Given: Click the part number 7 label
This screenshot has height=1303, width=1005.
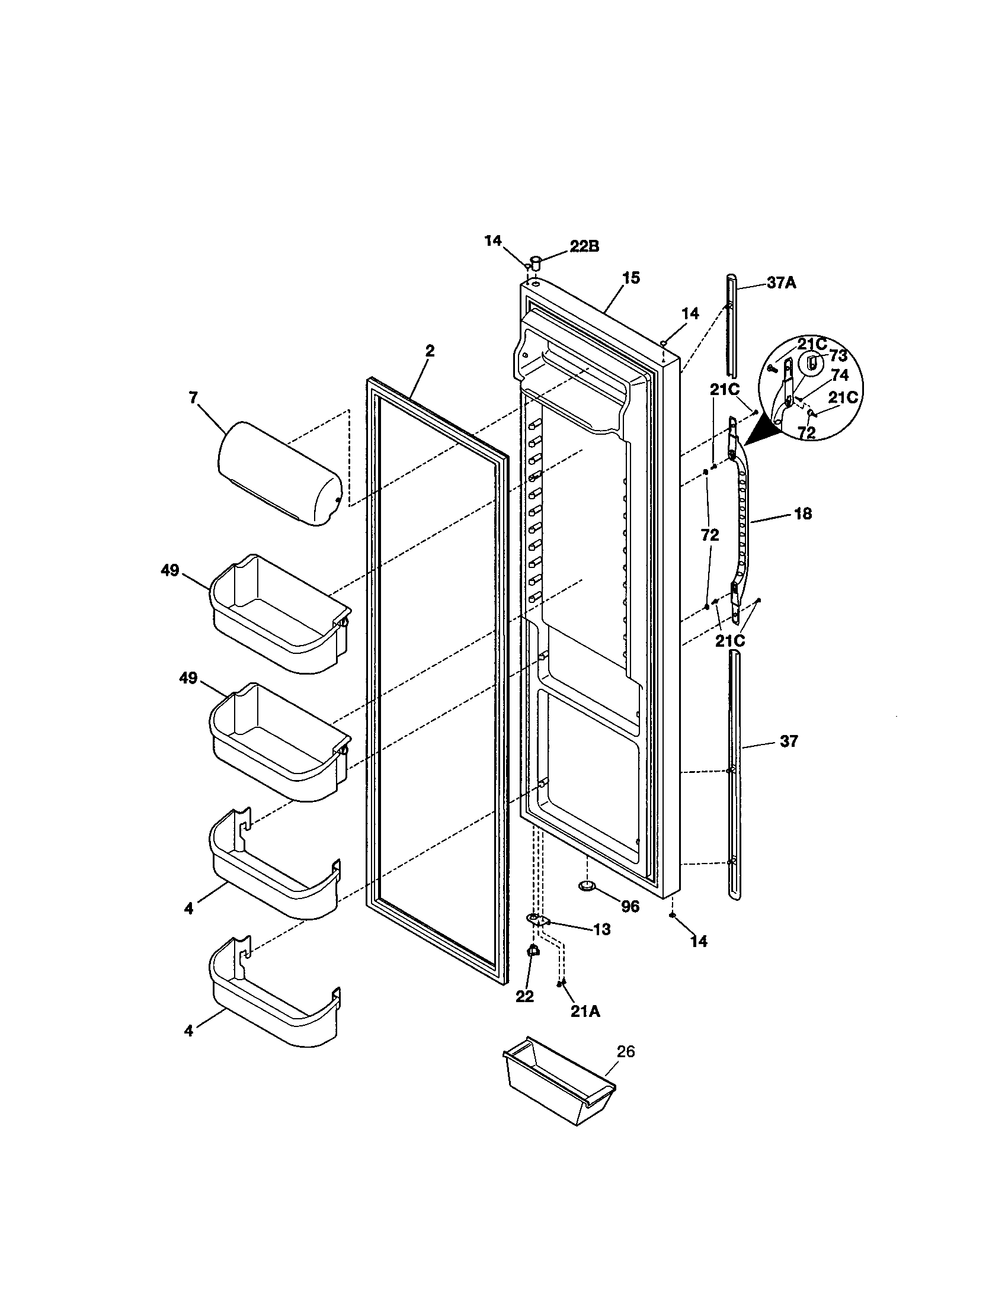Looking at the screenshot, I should tap(193, 398).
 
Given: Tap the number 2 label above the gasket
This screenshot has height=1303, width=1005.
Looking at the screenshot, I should tap(430, 351).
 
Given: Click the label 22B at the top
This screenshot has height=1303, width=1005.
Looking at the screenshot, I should tap(584, 246).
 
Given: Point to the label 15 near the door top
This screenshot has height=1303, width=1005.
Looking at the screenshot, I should tap(631, 278).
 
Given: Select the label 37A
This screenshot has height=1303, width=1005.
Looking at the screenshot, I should tap(781, 283).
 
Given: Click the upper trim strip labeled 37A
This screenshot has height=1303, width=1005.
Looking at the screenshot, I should tap(731, 325).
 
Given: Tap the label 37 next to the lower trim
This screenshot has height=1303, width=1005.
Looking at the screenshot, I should tap(788, 742).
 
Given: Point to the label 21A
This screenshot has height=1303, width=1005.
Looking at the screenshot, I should tap(585, 1011).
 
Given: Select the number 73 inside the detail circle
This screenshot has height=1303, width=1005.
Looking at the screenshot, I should tap(838, 356).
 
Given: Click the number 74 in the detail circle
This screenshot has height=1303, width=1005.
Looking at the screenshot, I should tap(839, 376).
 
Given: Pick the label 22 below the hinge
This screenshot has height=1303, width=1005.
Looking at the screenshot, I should tap(524, 997).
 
